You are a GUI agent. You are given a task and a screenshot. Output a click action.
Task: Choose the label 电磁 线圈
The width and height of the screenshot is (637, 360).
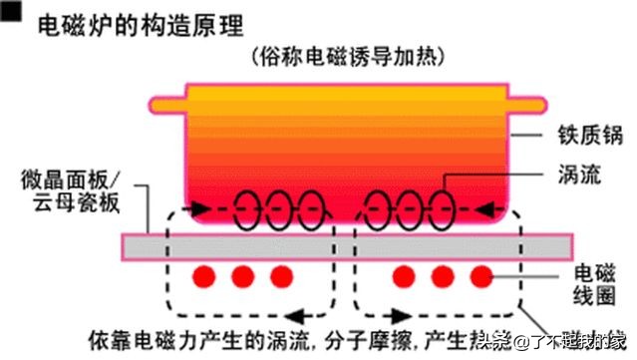[x=599, y=283]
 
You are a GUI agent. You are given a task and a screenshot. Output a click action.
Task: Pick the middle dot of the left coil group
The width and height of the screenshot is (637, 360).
[x=241, y=274]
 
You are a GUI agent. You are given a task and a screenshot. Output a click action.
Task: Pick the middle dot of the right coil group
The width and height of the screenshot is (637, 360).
[x=442, y=274]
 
